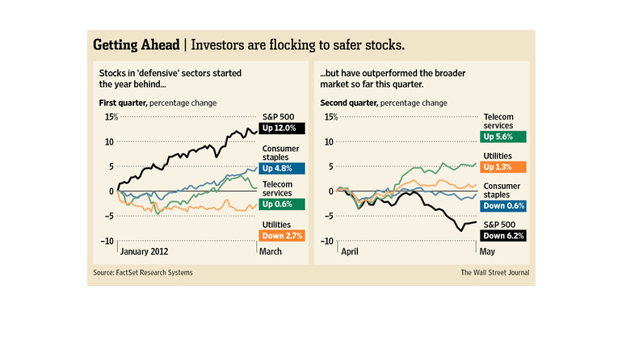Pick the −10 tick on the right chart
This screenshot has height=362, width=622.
point(328,242)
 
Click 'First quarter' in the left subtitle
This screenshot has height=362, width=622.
point(116,103)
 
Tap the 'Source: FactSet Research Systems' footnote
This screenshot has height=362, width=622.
point(143,272)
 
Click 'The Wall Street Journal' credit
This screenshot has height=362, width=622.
point(495,272)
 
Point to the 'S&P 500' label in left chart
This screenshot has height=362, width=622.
point(279,115)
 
